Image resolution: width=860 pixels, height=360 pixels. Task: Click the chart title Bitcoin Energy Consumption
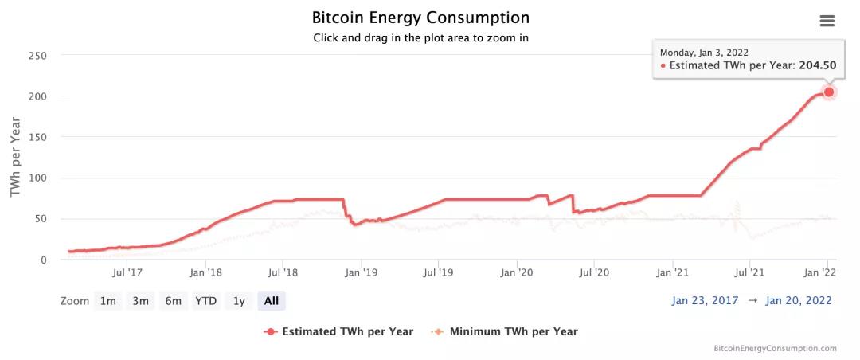(420, 18)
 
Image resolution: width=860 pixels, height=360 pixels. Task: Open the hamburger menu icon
(827, 21)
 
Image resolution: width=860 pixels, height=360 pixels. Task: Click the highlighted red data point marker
(829, 92)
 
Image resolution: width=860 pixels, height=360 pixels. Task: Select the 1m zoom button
(107, 301)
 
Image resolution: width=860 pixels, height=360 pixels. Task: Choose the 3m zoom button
(141, 301)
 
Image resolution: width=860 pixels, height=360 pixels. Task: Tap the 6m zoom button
(174, 301)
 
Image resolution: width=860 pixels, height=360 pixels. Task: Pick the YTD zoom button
(206, 301)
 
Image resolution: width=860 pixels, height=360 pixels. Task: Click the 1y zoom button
(239, 301)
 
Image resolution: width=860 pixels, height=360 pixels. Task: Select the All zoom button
(272, 301)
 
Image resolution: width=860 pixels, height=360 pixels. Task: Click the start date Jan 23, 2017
(705, 300)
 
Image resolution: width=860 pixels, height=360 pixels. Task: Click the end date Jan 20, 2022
(799, 300)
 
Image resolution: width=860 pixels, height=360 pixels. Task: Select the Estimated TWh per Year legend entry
(339, 331)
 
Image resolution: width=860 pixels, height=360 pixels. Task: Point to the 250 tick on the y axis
(37, 56)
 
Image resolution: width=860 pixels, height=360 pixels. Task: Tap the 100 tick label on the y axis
(37, 178)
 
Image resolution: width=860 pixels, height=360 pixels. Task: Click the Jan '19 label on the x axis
(361, 272)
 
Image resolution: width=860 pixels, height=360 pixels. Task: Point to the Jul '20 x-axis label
(595, 272)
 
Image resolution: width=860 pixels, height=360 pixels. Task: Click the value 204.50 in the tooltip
(817, 65)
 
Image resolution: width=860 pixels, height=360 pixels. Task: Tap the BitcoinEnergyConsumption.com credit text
(776, 348)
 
